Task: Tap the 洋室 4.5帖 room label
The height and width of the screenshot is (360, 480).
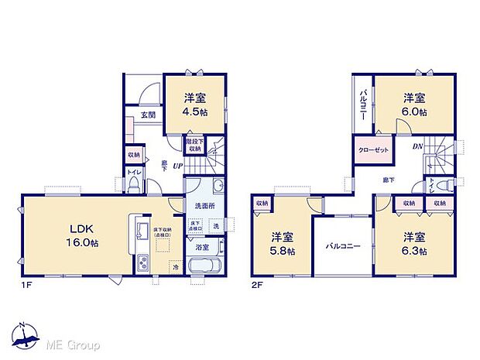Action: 195,104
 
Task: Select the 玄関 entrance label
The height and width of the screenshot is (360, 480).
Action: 149,115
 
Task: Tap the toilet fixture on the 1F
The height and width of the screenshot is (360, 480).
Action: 135,183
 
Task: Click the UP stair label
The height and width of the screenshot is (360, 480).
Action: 177,166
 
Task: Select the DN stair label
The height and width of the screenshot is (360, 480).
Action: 417,146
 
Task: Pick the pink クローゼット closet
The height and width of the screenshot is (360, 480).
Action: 373,150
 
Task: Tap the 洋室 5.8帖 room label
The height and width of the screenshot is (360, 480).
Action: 283,242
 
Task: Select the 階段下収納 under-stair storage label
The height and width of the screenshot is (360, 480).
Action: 194,146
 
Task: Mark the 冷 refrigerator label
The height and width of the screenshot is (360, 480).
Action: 176,268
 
